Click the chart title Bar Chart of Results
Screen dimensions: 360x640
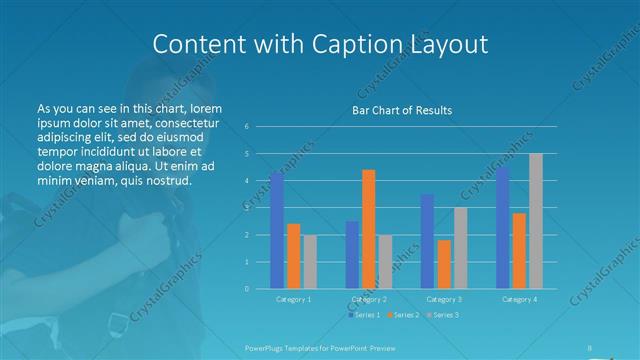click(401, 110)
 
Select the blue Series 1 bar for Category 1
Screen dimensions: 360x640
click(277, 230)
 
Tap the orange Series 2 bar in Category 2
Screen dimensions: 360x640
click(369, 229)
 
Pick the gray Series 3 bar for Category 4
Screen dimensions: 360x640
click(536, 221)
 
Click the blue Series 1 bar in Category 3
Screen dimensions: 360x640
click(427, 241)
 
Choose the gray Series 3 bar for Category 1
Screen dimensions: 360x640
click(310, 261)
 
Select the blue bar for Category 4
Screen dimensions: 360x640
click(502, 227)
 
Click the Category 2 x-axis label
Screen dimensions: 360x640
click(369, 299)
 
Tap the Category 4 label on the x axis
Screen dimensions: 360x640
click(519, 299)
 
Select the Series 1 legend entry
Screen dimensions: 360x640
click(364, 315)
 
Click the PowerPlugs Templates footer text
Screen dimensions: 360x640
click(302, 347)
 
